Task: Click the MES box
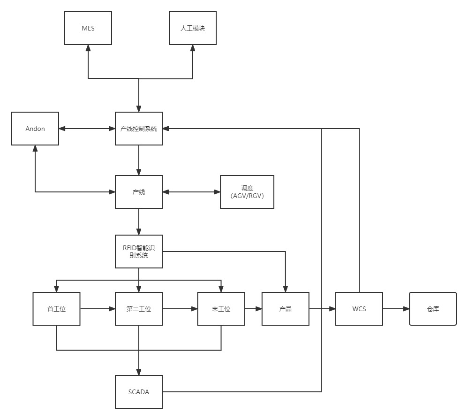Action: pos(88,28)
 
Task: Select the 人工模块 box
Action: pos(193,28)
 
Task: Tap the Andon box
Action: pos(35,128)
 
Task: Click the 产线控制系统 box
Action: pos(139,128)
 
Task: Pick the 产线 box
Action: pos(139,191)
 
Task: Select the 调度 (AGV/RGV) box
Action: pos(247,191)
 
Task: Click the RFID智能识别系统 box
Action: pos(139,251)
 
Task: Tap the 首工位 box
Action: pos(56,309)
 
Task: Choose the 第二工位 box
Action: pos(139,309)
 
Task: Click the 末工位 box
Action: pos(221,309)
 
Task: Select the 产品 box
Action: pos(285,309)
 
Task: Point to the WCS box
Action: pos(359,309)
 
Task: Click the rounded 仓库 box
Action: pos(433,309)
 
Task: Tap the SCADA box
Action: pos(139,391)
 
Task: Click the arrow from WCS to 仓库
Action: pos(396,309)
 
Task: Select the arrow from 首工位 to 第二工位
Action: pos(98,309)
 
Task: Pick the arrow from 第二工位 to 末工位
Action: pos(180,309)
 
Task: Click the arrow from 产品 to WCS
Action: pos(322,309)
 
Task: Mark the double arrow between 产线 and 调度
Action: pos(191,191)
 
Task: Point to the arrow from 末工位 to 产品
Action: pos(253,309)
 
